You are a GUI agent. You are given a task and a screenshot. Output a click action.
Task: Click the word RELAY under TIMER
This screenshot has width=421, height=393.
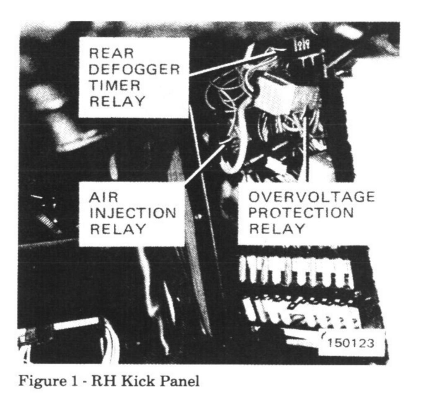pos(117,102)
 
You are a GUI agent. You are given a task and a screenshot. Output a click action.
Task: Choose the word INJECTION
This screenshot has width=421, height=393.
pos(132,213)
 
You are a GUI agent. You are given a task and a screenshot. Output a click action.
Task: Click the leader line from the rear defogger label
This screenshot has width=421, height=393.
pos(232,63)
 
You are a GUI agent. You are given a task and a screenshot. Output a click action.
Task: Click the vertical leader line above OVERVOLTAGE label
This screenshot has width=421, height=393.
pos(306,149)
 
